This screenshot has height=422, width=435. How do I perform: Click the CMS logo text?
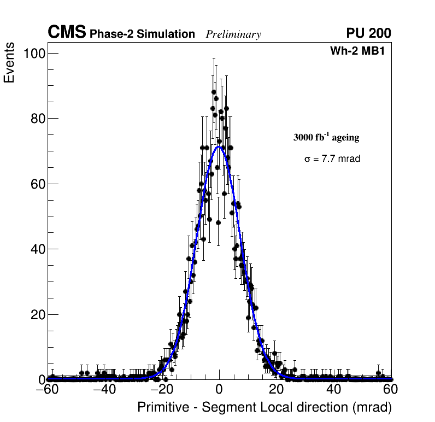tap(67, 33)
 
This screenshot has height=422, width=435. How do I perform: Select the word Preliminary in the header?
tap(233, 34)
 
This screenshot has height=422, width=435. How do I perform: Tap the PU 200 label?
tap(368, 33)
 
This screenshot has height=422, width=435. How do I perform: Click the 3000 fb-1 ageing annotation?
tap(326, 137)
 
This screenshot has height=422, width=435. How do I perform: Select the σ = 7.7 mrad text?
tap(332, 159)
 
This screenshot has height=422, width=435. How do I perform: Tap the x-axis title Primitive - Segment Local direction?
tap(264, 407)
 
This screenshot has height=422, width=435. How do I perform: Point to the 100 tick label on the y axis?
tap(34, 53)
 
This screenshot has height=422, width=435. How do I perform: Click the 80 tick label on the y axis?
tap(37, 119)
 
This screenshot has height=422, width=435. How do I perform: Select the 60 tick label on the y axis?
tap(37, 184)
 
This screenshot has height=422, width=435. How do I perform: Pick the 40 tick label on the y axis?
tap(37, 249)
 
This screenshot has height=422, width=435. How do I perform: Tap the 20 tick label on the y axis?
tap(37, 314)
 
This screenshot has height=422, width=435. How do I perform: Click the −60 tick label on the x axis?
tap(47, 390)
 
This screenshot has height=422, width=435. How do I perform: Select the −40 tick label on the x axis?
tap(104, 390)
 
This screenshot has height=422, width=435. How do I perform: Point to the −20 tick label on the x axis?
tap(161, 390)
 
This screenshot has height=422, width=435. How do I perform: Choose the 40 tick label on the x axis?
tap(333, 390)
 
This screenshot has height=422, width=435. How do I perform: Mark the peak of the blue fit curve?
tap(219, 146)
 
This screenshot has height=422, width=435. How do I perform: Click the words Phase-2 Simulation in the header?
tap(142, 34)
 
